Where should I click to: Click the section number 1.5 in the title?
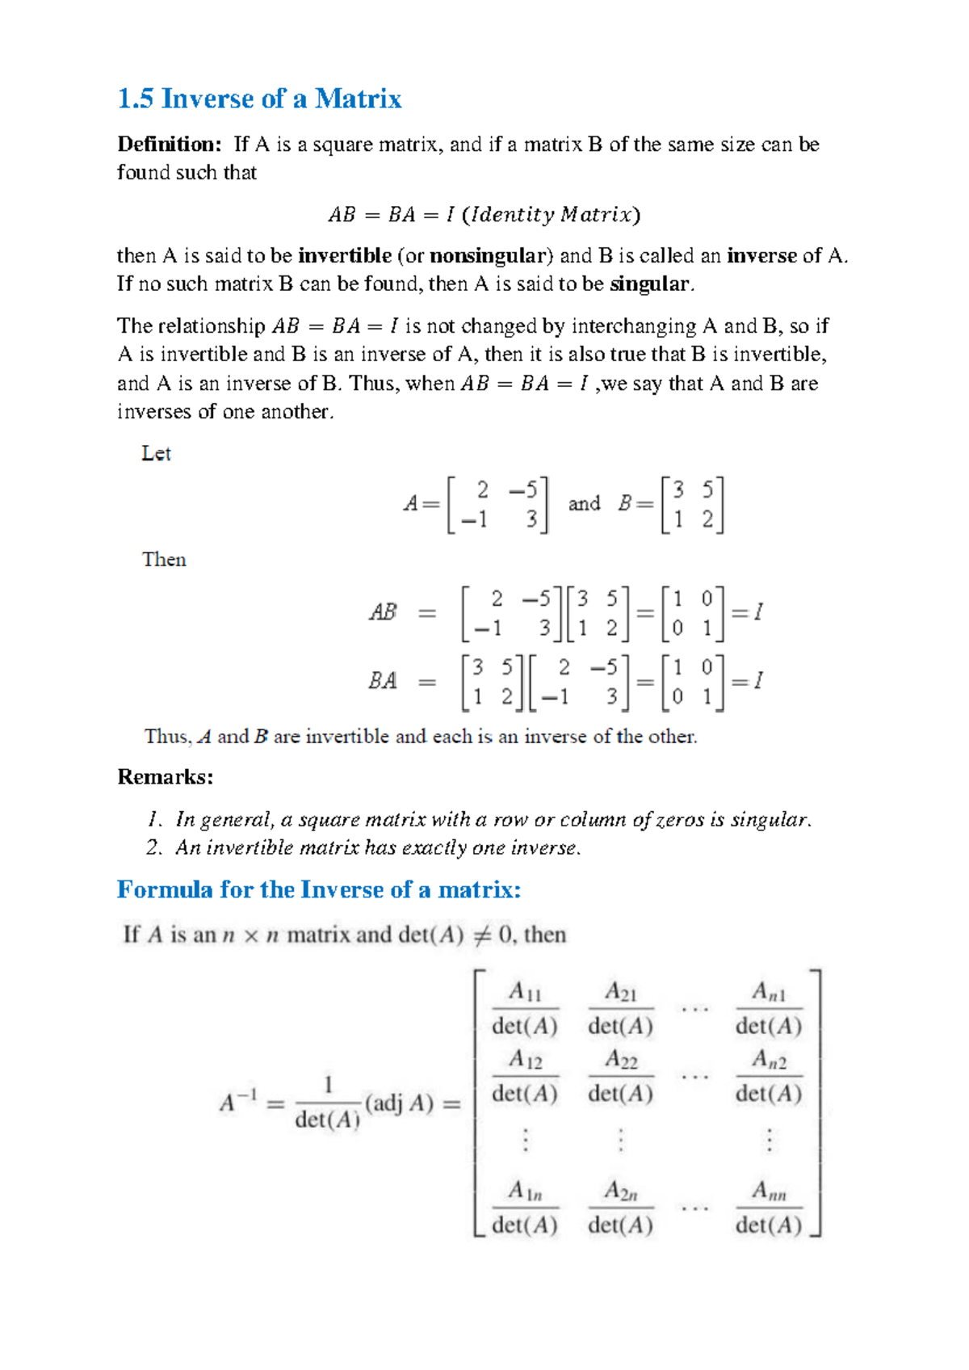tap(135, 99)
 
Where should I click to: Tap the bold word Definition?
tap(169, 145)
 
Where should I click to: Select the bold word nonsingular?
tap(488, 256)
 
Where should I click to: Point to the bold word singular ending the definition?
tap(650, 284)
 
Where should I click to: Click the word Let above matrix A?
tap(156, 453)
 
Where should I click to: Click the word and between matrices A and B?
tap(584, 504)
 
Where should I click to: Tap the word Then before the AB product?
tap(164, 560)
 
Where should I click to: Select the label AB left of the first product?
tap(383, 612)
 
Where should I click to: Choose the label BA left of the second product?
tap(383, 681)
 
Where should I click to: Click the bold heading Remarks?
tap(166, 777)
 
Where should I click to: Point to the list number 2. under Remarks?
tap(154, 847)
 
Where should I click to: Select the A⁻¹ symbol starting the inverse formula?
tap(238, 1102)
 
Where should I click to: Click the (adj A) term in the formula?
tap(400, 1103)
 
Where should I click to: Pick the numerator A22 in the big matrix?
tap(621, 1059)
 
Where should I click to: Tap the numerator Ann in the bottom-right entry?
tap(769, 1191)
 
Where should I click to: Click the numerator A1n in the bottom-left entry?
tap(525, 1191)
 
